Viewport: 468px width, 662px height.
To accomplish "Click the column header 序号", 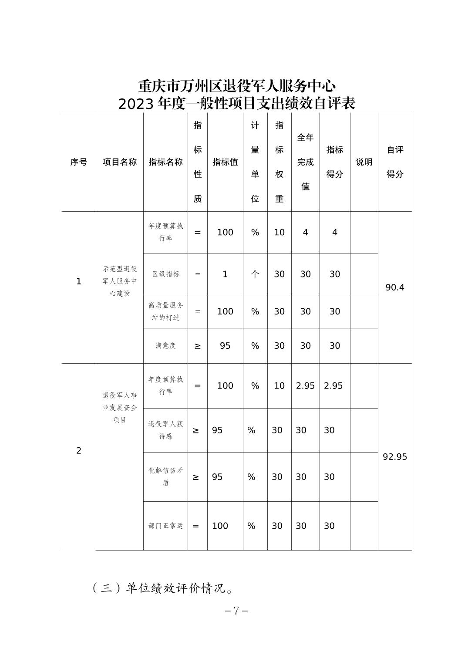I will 79,162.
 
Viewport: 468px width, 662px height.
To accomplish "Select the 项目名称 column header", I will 120,162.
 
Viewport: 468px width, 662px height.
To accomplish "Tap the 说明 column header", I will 364,162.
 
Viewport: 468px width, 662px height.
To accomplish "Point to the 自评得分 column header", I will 395,162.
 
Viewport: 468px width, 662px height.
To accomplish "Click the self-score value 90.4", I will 395,287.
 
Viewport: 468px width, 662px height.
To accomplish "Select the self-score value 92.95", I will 395,457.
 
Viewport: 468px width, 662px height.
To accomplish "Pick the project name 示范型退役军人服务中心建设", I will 120,281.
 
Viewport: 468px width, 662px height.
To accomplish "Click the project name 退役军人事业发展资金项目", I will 120,408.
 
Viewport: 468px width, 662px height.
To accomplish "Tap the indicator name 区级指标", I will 165,274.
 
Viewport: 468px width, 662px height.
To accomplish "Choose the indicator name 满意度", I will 165,346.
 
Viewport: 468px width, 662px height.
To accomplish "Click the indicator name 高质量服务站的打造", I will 165,311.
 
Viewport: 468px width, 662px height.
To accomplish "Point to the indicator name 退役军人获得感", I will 165,430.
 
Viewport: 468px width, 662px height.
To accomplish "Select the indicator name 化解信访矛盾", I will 165,476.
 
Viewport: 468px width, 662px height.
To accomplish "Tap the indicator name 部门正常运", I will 165,526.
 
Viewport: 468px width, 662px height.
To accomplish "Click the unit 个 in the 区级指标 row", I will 255,274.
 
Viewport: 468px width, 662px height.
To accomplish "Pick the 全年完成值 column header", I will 305,162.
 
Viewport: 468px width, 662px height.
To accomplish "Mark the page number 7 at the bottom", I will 236,611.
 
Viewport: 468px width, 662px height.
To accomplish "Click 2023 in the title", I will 136,104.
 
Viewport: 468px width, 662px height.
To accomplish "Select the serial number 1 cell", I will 79,281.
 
